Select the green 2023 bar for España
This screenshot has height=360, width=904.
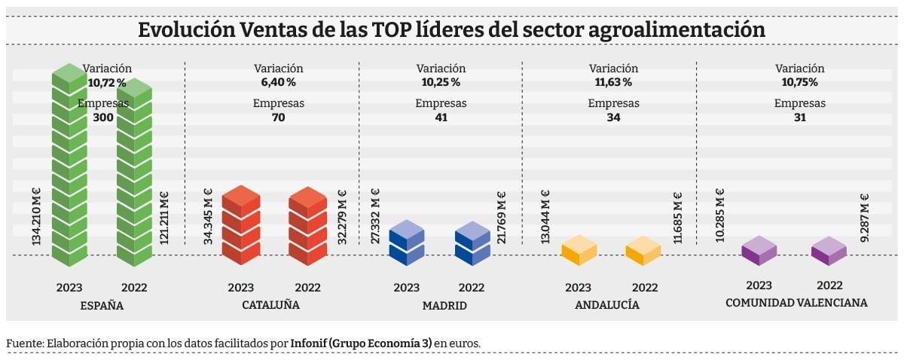pyautogui.click(x=69, y=166)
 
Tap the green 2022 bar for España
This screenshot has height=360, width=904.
pyautogui.click(x=134, y=173)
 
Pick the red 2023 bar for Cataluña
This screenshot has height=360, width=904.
pyautogui.click(x=241, y=225)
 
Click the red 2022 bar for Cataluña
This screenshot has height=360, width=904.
pyautogui.click(x=307, y=225)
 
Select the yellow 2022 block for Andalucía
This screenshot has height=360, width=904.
pyautogui.click(x=643, y=251)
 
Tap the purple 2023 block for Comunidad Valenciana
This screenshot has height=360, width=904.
pyautogui.click(x=759, y=251)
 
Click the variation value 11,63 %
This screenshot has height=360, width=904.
pyautogui.click(x=613, y=82)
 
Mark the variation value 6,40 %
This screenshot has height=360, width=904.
pyautogui.click(x=278, y=82)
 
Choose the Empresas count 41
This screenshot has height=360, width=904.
pyautogui.click(x=441, y=117)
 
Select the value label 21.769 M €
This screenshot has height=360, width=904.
pyautogui.click(x=502, y=218)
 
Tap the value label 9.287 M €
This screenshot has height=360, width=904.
pyautogui.click(x=866, y=218)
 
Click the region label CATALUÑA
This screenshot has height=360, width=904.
pyautogui.click(x=270, y=306)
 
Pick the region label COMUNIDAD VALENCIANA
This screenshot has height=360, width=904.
pyautogui.click(x=796, y=303)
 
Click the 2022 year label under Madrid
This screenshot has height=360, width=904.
pyautogui.click(x=472, y=288)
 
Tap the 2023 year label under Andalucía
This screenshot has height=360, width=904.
pyautogui.click(x=578, y=288)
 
